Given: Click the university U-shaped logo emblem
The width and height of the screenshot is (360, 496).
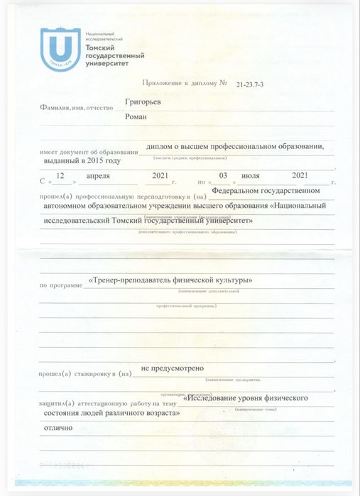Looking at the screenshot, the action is click(x=58, y=49).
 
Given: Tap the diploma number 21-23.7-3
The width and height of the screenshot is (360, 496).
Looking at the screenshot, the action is click(x=255, y=84).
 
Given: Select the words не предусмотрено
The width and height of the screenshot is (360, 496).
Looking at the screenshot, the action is click(x=172, y=369).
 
